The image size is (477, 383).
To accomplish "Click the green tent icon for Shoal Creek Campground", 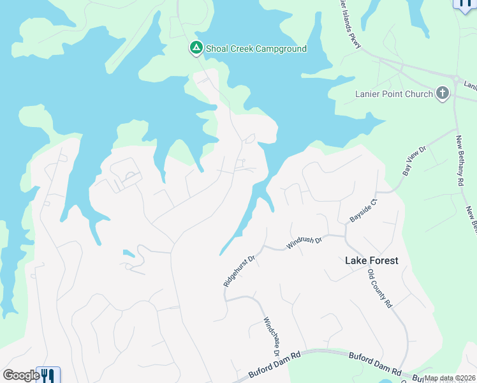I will (x=196, y=48).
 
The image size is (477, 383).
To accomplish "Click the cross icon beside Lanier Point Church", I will (x=443, y=94).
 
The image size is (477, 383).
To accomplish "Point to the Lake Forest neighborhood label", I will (x=371, y=260).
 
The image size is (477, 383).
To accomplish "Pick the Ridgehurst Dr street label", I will (x=239, y=270).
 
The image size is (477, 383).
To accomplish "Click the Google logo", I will (x=21, y=375).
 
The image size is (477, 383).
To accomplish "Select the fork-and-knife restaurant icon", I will (x=48, y=376).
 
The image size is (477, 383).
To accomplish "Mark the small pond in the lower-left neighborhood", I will (x=130, y=253).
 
